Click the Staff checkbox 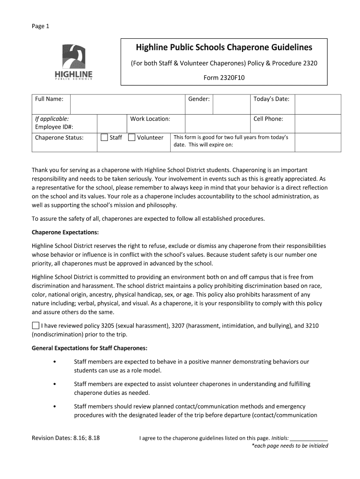tap(104, 137)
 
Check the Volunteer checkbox tap(132, 137)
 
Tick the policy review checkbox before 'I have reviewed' tap(36, 325)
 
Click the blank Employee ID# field tap(112, 123)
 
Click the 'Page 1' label tap(40, 26)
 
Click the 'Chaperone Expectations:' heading tap(65, 232)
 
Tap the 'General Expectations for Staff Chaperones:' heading tap(89, 348)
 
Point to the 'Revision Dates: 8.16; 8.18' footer tap(65, 438)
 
